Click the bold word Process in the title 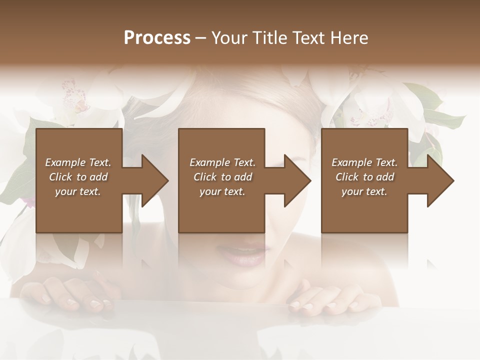point(157,38)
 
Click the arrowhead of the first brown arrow point(155,180)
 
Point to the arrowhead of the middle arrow point(297,180)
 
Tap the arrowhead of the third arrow point(440,180)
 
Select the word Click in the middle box point(204,177)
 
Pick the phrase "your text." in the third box point(364,191)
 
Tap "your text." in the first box point(78,191)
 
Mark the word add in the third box point(385,177)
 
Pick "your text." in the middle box point(222,191)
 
